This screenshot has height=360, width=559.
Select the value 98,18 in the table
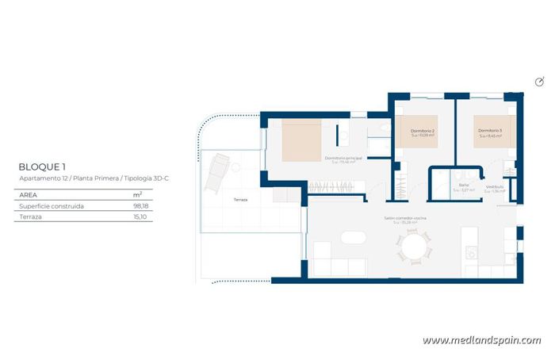click(141, 205)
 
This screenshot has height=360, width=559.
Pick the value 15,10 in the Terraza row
click(141, 216)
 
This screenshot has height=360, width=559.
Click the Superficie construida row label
click(52, 205)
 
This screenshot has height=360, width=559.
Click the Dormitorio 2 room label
click(422, 131)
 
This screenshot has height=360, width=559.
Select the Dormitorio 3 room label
click(490, 131)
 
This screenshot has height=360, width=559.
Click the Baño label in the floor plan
click(464, 186)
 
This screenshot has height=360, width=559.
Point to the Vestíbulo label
click(495, 186)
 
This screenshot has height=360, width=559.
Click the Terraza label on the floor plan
click(240, 199)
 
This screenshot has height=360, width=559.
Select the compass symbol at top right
click(540, 82)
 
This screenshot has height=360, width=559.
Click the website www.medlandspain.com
click(481, 340)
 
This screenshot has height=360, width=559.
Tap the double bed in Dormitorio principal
click(302, 140)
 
